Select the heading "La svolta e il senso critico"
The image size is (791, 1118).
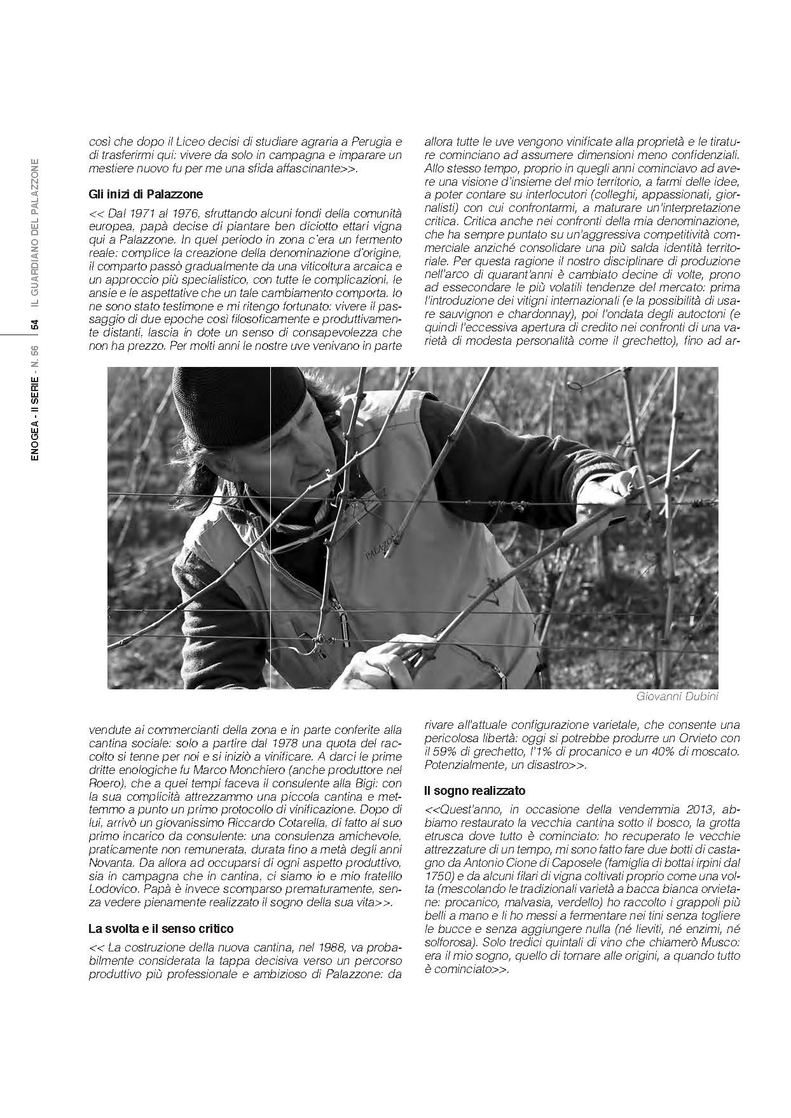tap(161, 928)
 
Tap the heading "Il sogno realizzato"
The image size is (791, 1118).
tap(474, 791)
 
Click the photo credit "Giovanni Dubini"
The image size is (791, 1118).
tap(677, 696)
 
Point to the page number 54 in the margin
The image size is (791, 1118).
tap(36, 324)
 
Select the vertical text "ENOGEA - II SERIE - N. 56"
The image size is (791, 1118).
tap(36, 401)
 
